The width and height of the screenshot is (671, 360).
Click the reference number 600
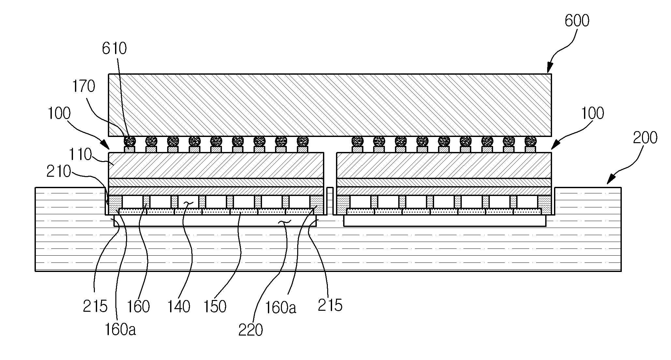click(x=577, y=21)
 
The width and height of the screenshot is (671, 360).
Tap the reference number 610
click(x=114, y=49)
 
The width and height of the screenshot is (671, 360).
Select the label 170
click(x=84, y=87)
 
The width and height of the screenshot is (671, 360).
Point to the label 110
click(x=80, y=155)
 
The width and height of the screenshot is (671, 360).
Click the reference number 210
click(x=59, y=172)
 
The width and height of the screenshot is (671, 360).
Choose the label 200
click(x=645, y=138)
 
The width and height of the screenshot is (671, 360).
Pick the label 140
click(x=179, y=307)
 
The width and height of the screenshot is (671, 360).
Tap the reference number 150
click(x=215, y=307)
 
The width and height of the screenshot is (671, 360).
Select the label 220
click(x=250, y=330)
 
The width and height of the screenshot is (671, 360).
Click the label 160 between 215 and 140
click(x=139, y=307)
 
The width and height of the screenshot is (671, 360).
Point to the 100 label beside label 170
click(x=59, y=114)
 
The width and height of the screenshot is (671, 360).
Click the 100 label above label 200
click(x=593, y=113)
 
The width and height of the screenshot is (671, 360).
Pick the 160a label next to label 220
click(x=281, y=307)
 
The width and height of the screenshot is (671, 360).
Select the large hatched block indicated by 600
click(x=330, y=105)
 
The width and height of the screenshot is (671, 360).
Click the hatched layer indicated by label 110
click(x=216, y=165)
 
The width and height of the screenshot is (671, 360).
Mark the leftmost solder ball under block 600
click(x=130, y=141)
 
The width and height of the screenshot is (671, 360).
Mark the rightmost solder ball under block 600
click(x=531, y=141)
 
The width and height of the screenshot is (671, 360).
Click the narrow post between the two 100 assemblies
click(x=330, y=201)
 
